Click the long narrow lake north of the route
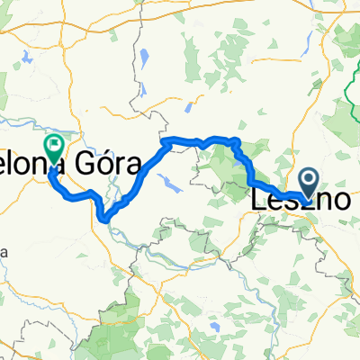click(144, 63)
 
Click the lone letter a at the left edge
click(4, 253)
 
